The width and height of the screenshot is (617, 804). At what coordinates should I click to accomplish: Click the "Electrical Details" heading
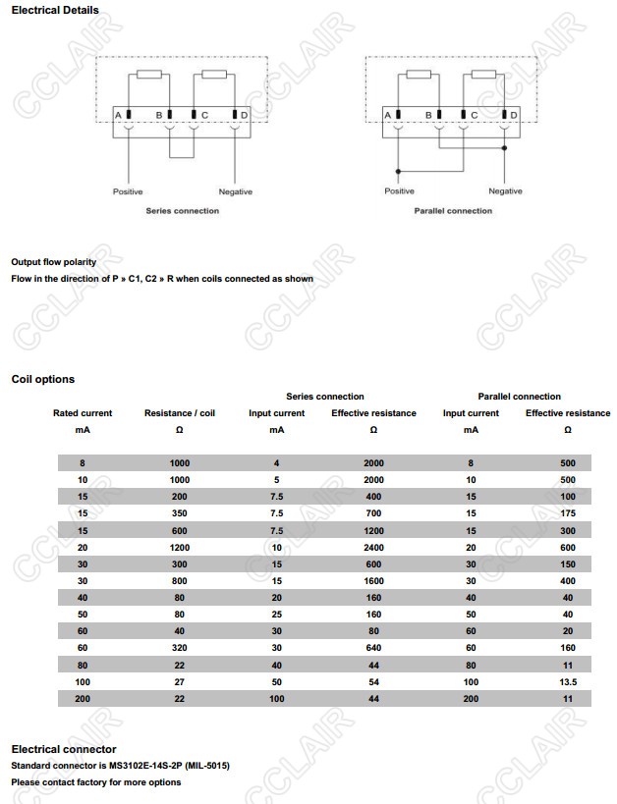(x=55, y=11)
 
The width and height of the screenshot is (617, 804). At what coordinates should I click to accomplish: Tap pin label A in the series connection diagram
(x=117, y=115)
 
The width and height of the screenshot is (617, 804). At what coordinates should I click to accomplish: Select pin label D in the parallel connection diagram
(x=515, y=115)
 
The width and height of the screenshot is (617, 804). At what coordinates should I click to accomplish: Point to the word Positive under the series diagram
(x=128, y=191)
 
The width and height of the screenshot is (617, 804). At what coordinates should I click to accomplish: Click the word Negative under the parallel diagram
(x=505, y=191)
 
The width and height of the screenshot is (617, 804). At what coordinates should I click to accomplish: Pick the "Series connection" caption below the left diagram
(x=183, y=211)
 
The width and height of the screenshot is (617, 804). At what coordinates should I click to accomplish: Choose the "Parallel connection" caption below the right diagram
(x=453, y=211)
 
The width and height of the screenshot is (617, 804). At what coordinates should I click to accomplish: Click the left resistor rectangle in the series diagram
(x=149, y=75)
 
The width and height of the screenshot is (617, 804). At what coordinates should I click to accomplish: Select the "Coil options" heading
(x=43, y=379)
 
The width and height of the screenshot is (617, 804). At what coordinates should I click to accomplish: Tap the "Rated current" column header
(x=83, y=413)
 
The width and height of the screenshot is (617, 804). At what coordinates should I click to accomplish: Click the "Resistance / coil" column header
(x=180, y=413)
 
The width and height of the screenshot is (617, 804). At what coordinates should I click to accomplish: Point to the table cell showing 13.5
(x=568, y=681)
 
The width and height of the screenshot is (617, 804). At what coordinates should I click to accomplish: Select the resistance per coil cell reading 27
(x=180, y=681)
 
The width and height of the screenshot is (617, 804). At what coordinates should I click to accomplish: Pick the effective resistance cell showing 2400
(x=373, y=548)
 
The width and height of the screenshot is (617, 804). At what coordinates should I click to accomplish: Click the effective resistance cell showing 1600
(x=373, y=581)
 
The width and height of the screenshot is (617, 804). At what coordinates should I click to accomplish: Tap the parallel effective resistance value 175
(x=568, y=513)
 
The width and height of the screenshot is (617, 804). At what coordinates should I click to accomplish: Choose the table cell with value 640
(x=373, y=648)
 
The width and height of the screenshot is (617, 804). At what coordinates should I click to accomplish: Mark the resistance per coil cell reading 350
(x=180, y=513)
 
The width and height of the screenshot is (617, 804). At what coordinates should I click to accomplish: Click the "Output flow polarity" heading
(x=54, y=262)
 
